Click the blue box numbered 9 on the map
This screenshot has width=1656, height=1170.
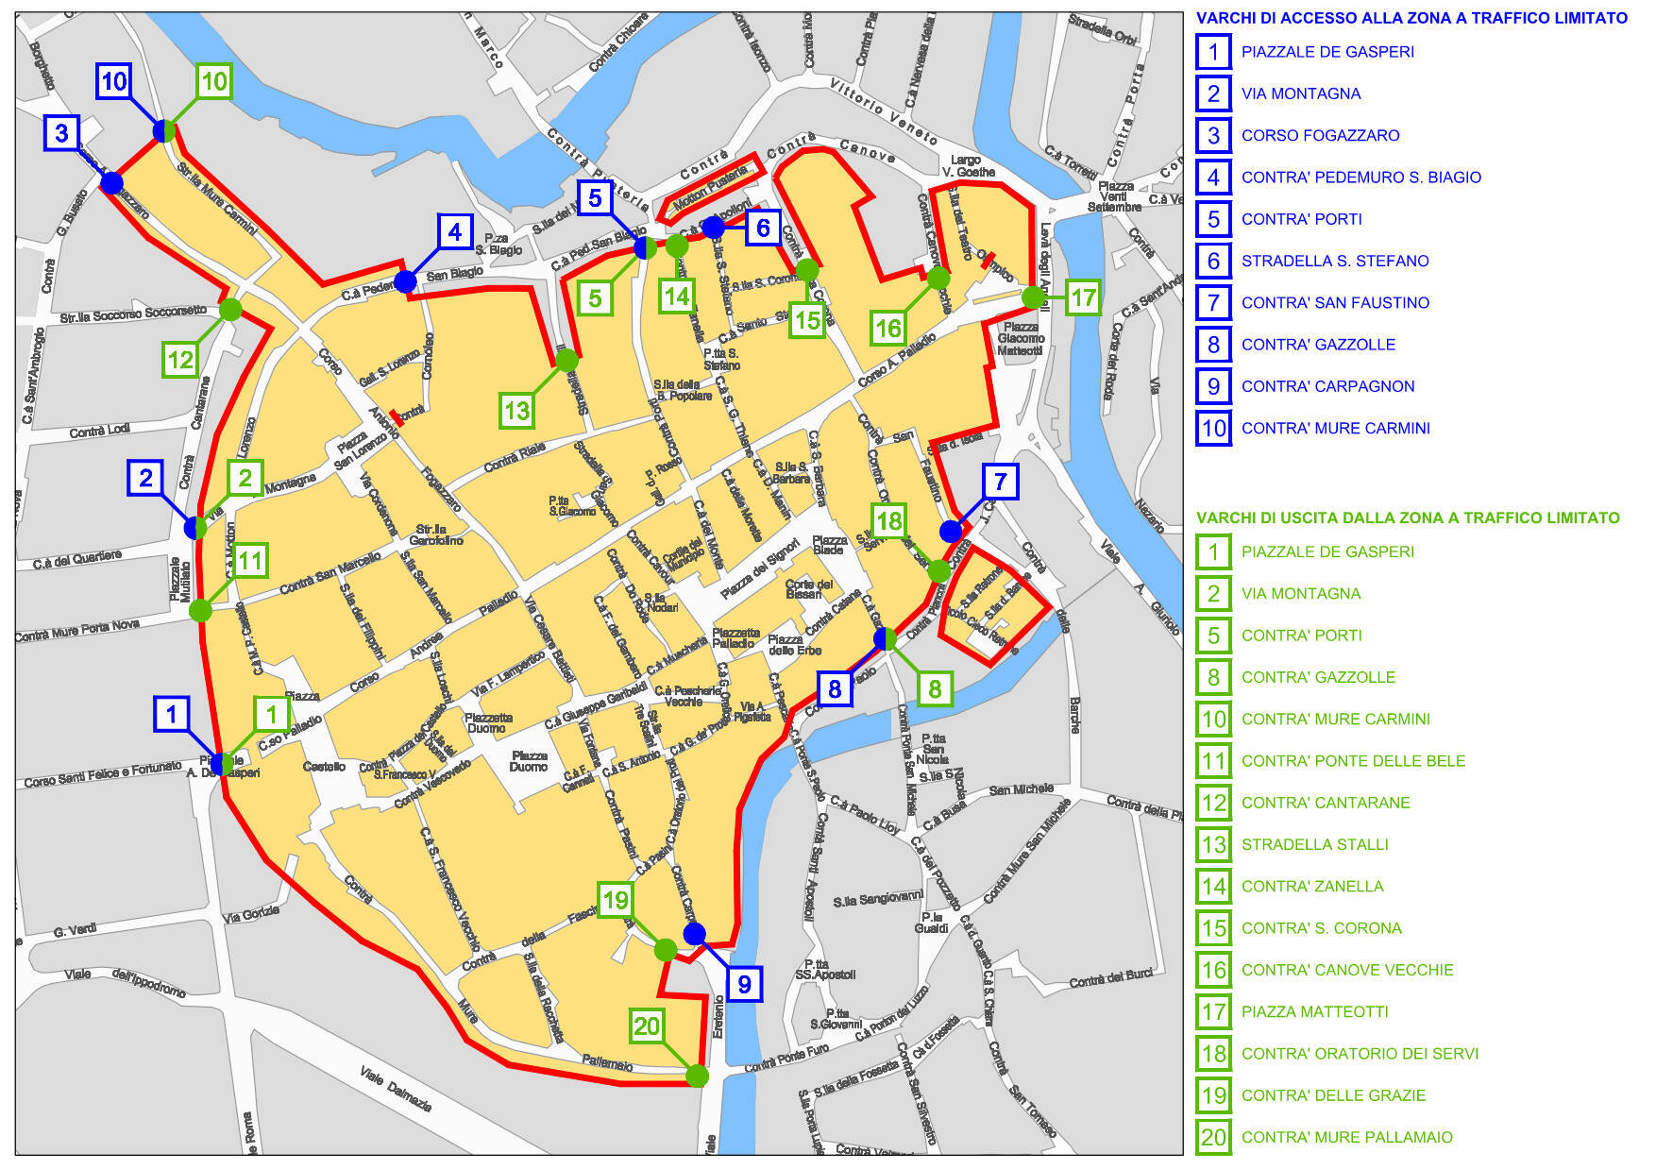coord(744,984)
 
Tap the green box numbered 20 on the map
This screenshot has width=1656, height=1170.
coord(647,1026)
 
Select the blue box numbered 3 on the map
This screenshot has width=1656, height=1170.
coord(61,133)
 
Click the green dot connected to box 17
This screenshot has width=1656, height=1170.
coord(1034,297)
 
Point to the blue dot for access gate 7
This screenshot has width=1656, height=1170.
coord(951,531)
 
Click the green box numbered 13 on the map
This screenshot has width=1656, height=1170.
coord(516,411)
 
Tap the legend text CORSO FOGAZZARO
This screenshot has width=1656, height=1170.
coord(1320,135)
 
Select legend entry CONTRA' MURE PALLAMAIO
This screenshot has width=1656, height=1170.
coord(1346,1137)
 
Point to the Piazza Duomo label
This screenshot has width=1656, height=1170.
coord(529,761)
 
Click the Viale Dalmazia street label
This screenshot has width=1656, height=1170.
coord(396,1088)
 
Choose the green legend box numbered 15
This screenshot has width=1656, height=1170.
coord(1213,928)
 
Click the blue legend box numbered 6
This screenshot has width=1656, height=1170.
coord(1213,261)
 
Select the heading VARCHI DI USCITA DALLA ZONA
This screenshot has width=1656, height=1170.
coord(1407,517)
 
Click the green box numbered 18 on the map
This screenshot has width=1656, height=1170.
coord(889,520)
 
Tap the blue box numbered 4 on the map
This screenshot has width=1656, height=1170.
coord(455,231)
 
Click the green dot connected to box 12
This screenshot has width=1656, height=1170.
coord(230,309)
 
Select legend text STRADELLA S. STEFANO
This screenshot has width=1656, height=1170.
coord(1334,261)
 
